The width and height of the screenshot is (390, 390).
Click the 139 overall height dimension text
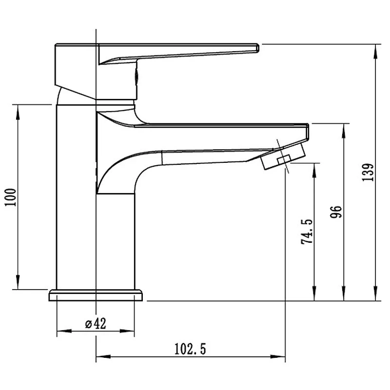point(368,173)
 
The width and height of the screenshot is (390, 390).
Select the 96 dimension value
point(336,212)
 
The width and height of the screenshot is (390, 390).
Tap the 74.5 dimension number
point(307,232)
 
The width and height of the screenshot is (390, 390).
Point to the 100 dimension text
point(10,197)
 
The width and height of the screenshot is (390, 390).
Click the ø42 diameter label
point(96,323)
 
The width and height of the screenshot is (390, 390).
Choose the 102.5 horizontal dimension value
point(190,349)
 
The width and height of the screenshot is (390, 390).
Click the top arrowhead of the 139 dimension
point(375,52)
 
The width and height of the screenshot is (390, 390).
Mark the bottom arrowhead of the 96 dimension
point(344,294)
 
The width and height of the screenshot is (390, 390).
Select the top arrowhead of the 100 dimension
point(18,112)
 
